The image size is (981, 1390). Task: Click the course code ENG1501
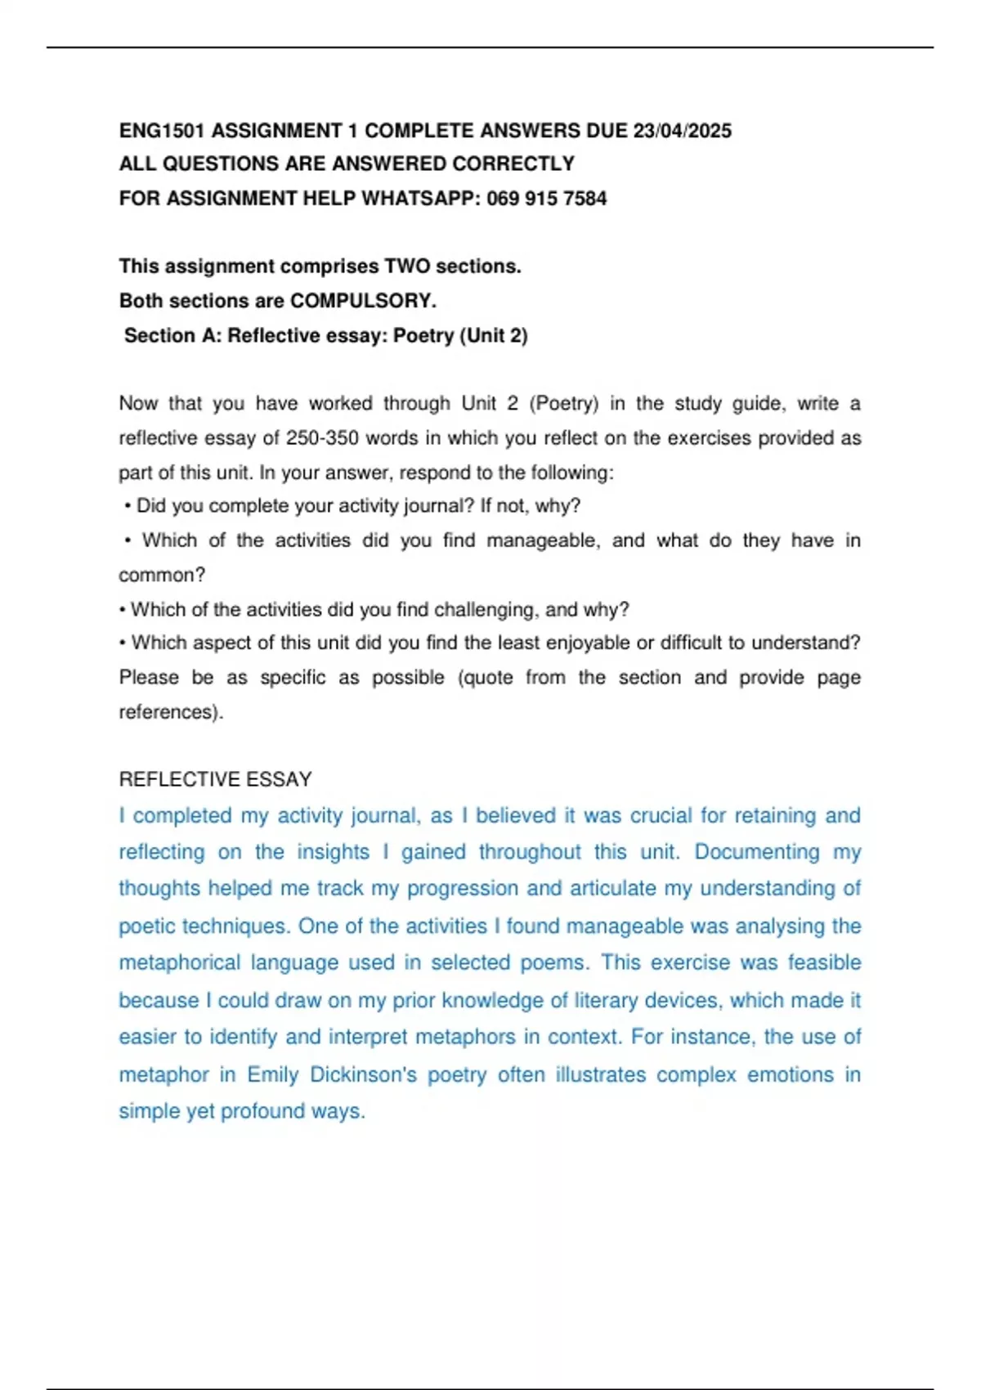162,131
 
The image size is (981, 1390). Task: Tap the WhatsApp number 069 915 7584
546,199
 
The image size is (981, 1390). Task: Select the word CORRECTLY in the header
513,164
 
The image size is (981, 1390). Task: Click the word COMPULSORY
363,301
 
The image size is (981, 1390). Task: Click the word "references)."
171,712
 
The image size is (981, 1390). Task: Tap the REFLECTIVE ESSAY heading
215,780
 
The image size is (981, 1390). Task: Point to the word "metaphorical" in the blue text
180,962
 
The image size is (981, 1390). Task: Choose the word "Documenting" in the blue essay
757,852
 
